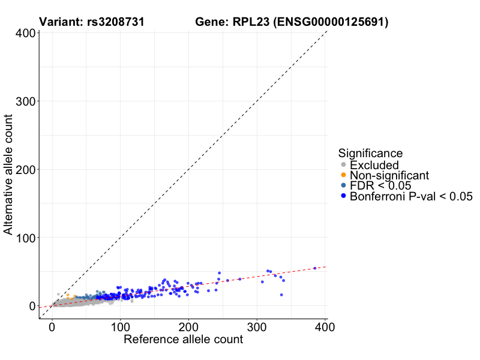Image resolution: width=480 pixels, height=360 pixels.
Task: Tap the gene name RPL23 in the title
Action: (x=248, y=23)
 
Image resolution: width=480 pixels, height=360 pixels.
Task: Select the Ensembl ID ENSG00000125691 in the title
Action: (x=332, y=23)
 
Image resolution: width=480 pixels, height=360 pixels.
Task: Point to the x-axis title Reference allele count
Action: (x=183, y=340)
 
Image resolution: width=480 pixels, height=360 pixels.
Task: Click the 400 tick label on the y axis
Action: (x=24, y=33)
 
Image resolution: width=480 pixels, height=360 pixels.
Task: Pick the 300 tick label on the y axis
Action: (x=24, y=101)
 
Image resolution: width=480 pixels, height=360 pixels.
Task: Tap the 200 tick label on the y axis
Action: (x=24, y=170)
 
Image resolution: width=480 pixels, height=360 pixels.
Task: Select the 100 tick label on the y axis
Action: (x=24, y=238)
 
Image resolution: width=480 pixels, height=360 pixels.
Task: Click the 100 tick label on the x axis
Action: (x=121, y=327)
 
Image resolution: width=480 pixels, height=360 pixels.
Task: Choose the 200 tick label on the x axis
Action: (x=189, y=327)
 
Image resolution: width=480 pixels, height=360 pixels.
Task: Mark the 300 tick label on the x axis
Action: (x=257, y=327)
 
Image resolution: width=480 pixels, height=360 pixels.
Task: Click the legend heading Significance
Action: (x=370, y=153)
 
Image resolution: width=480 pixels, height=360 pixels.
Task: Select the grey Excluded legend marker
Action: (x=343, y=165)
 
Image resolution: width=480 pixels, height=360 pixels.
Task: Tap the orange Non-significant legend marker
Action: (x=343, y=175)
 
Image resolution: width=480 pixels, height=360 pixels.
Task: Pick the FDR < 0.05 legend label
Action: (x=380, y=186)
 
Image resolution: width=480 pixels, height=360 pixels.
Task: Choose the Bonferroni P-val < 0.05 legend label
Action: (x=412, y=196)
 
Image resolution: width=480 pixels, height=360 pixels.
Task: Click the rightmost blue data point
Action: (x=315, y=268)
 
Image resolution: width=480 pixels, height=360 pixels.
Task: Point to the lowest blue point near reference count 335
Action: (x=281, y=295)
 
